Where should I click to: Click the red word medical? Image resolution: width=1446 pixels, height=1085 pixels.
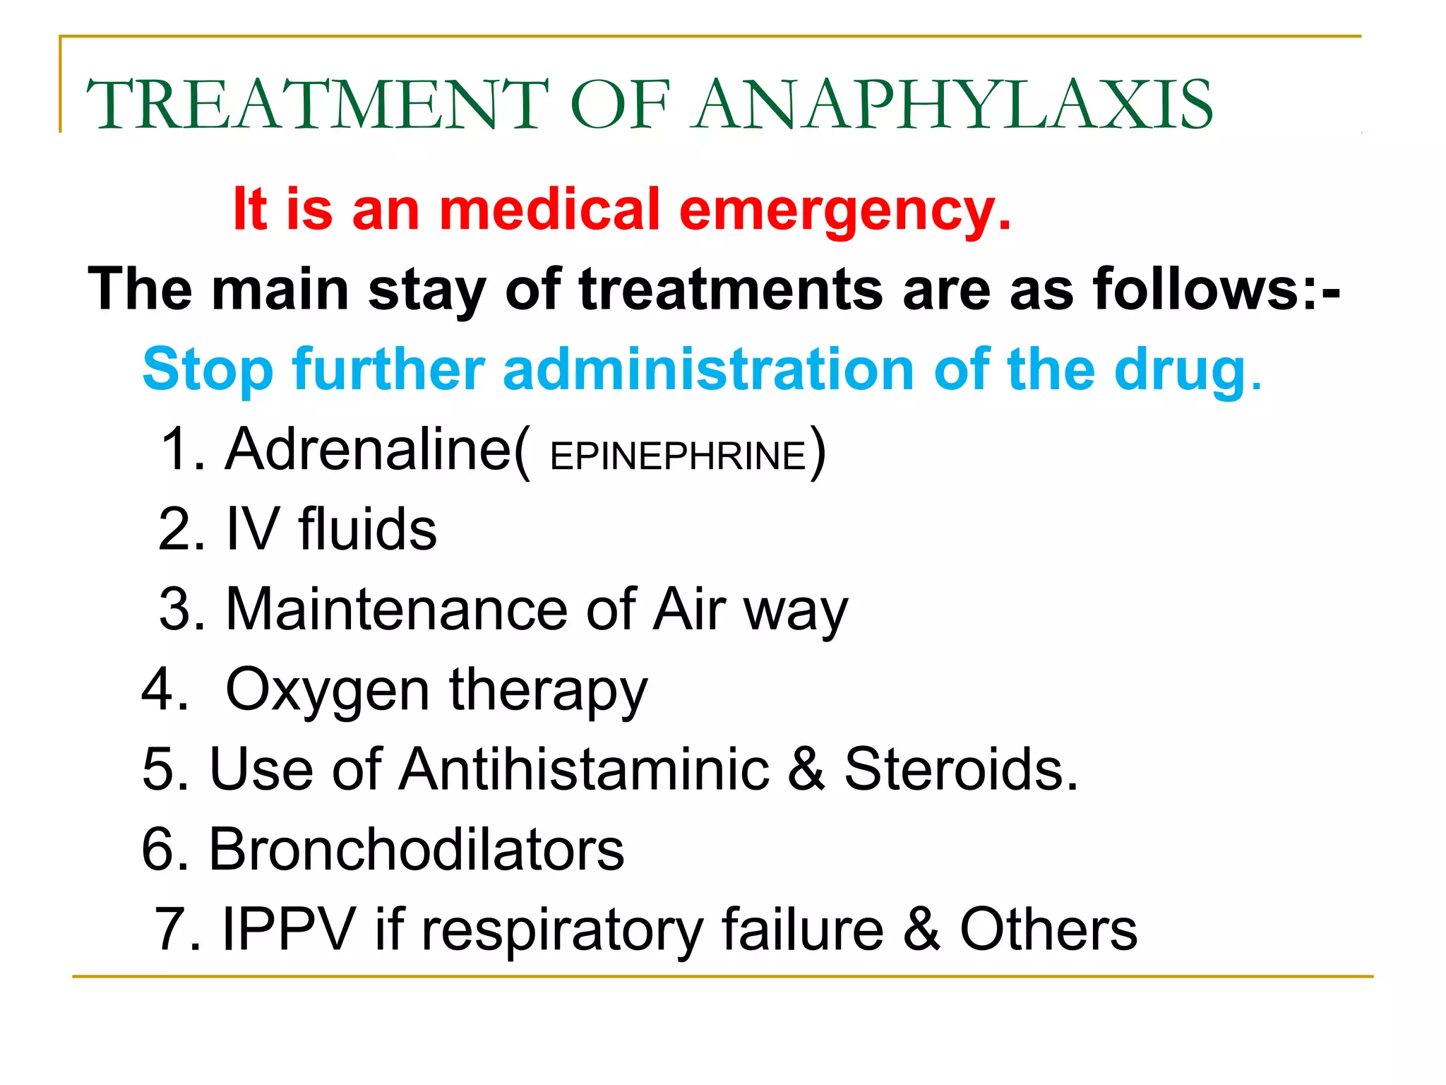click(549, 210)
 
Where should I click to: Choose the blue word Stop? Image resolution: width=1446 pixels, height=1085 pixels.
click(208, 370)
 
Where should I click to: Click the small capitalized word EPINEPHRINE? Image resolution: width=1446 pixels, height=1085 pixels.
click(678, 456)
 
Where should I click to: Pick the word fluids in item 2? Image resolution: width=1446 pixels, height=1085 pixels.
click(367, 529)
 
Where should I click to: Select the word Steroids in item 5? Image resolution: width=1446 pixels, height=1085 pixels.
click(961, 769)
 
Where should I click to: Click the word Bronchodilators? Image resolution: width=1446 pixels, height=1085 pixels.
click(417, 849)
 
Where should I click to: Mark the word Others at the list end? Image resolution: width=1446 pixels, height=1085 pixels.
click(1048, 929)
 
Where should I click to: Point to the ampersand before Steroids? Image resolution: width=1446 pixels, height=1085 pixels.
click(806, 769)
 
